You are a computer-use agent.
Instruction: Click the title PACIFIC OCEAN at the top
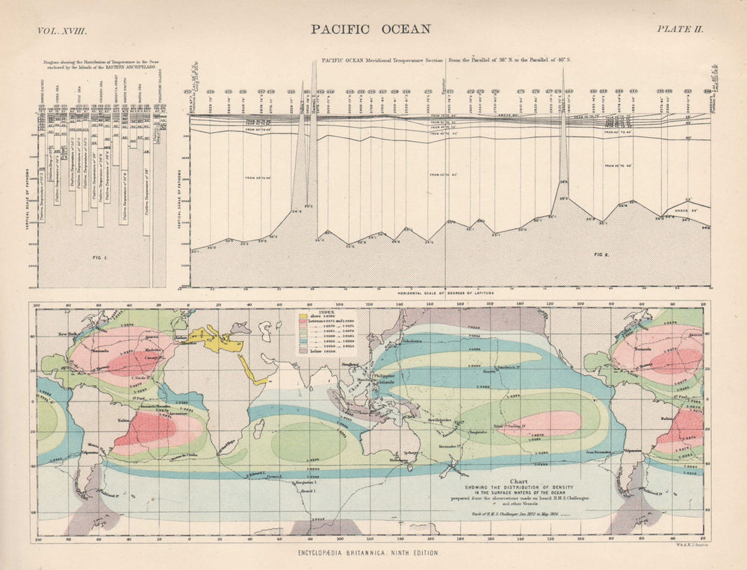(x=371, y=29)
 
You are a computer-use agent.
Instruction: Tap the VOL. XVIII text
(x=63, y=30)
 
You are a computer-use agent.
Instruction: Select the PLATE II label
(x=681, y=30)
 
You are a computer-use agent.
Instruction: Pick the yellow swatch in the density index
(x=304, y=316)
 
